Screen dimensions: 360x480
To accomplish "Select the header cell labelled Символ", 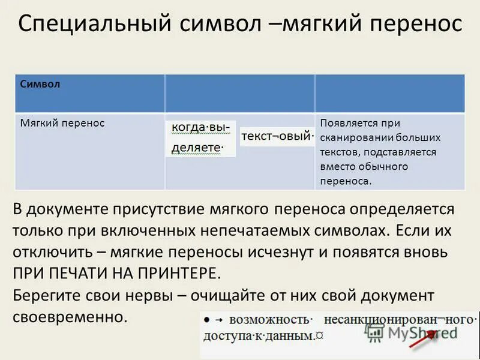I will [x=40, y=85].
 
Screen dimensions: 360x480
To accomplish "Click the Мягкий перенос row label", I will [x=62, y=123].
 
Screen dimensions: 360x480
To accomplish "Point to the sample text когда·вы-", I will [x=200, y=128].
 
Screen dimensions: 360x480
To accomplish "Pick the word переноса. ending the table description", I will [x=346, y=180].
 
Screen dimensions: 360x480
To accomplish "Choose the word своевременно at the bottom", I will [x=70, y=317].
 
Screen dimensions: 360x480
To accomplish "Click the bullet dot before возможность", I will [x=206, y=319].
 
